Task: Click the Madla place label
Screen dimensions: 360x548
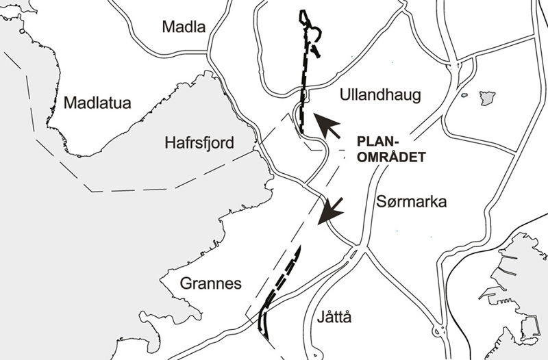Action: point(184,27)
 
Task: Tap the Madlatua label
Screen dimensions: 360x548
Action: point(97,103)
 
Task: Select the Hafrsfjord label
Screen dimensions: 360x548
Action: point(199,143)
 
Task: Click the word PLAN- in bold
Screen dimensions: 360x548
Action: point(379,143)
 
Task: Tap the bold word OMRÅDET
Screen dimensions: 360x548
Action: point(387,156)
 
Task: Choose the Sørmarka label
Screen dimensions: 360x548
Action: point(412,202)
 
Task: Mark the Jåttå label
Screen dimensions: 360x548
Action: point(335,318)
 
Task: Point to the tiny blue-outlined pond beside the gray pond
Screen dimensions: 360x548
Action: point(464,96)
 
